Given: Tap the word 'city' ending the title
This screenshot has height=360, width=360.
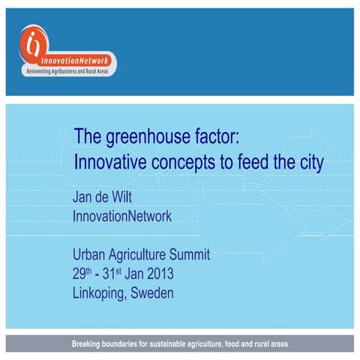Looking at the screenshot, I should (310, 162).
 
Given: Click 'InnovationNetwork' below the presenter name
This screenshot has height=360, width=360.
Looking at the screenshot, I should (122, 217).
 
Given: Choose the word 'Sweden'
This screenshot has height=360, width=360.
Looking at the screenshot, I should (152, 293).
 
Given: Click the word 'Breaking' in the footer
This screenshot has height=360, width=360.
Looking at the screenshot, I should (89, 344).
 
